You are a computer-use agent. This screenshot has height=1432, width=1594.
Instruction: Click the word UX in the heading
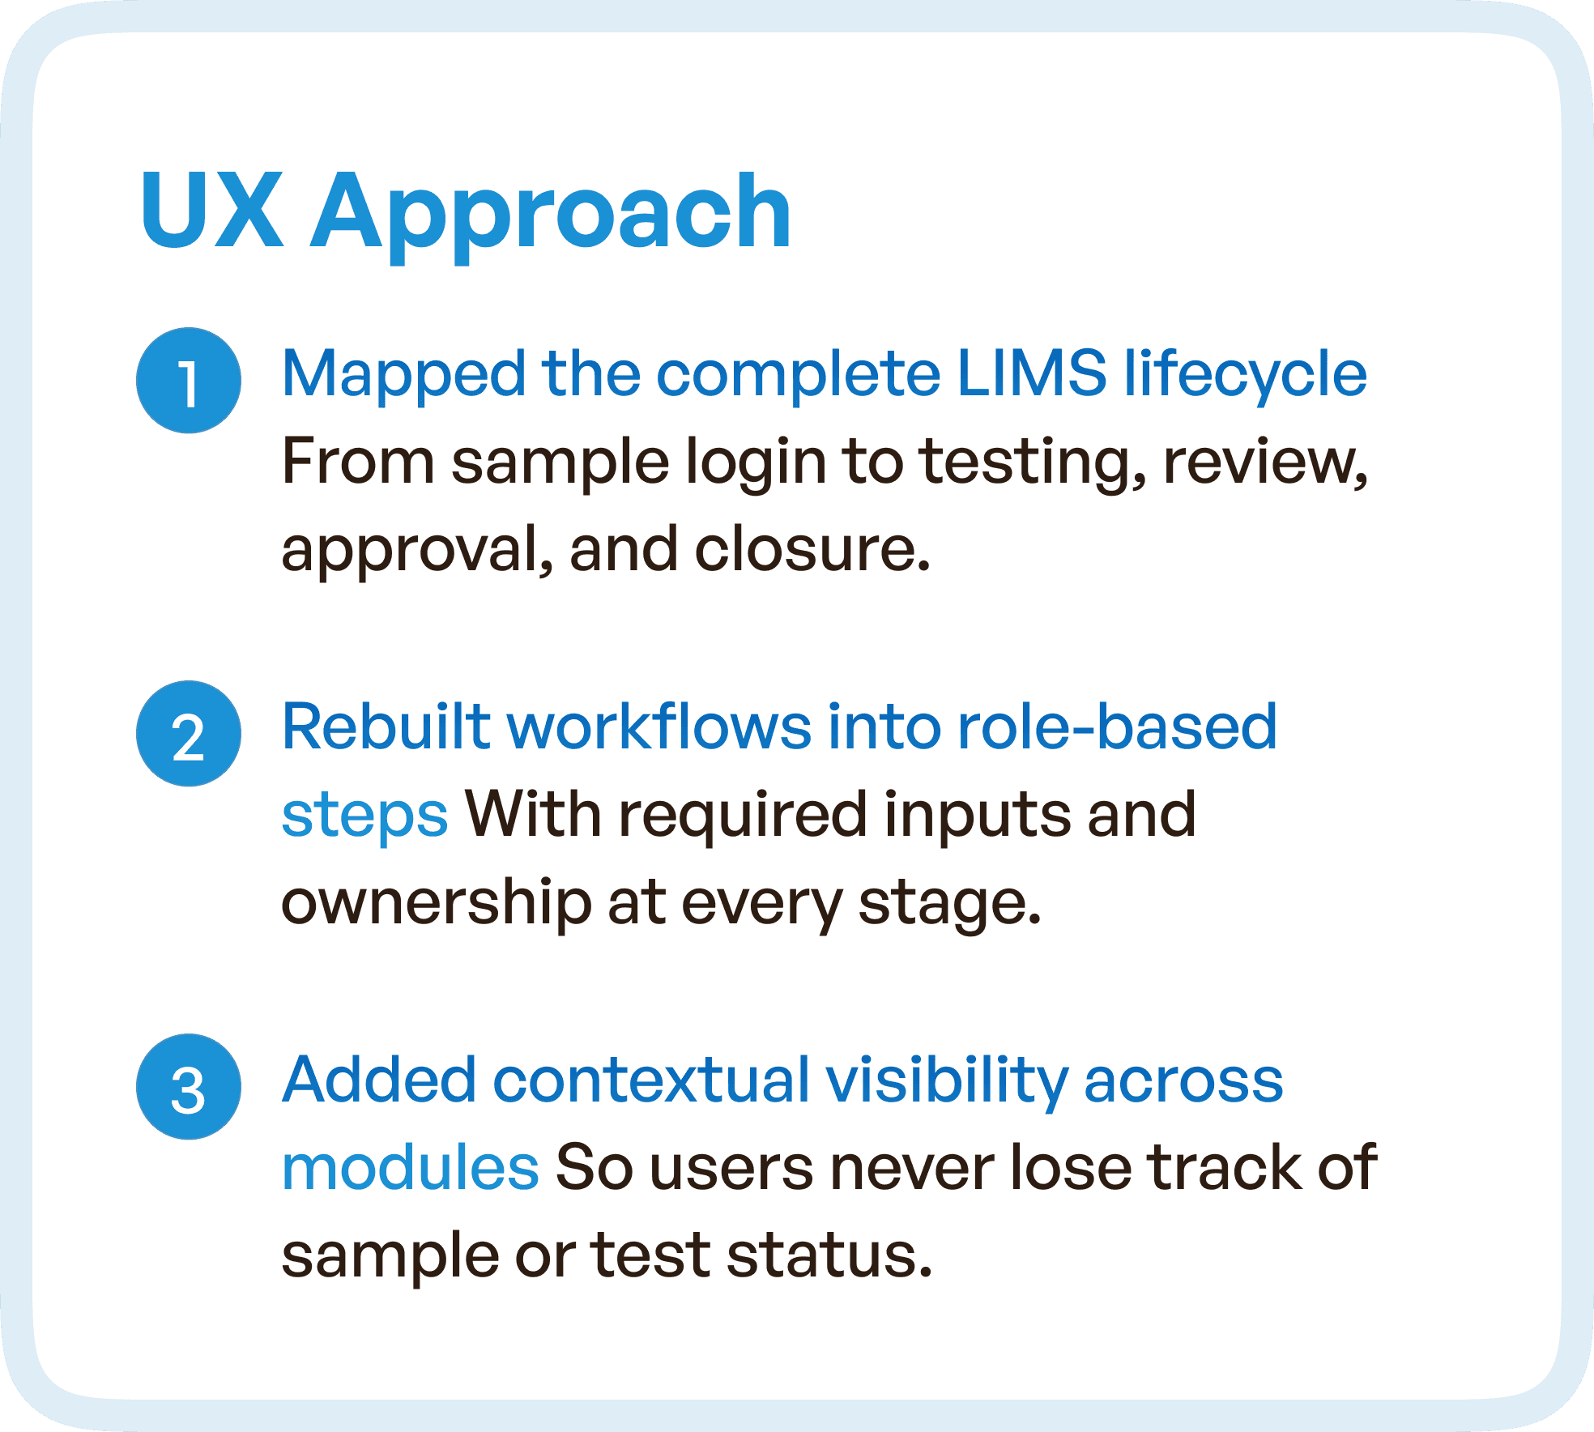click(x=212, y=212)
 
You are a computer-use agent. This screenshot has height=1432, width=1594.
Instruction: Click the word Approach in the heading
click(x=551, y=215)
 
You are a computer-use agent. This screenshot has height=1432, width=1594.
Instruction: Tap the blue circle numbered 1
click(x=189, y=381)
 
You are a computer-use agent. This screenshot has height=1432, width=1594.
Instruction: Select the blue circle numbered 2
click(x=189, y=734)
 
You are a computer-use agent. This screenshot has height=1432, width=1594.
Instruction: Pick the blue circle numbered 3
click(x=189, y=1087)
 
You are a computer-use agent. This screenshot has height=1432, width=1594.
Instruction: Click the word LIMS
click(x=1031, y=373)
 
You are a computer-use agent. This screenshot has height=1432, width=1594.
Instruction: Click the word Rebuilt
click(x=386, y=727)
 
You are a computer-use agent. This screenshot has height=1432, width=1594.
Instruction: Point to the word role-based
click(x=1117, y=727)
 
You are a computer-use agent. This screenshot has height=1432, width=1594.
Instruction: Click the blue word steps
click(x=364, y=816)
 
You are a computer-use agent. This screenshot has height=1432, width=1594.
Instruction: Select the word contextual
click(x=650, y=1080)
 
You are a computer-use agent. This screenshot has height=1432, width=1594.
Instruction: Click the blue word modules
click(x=410, y=1168)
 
